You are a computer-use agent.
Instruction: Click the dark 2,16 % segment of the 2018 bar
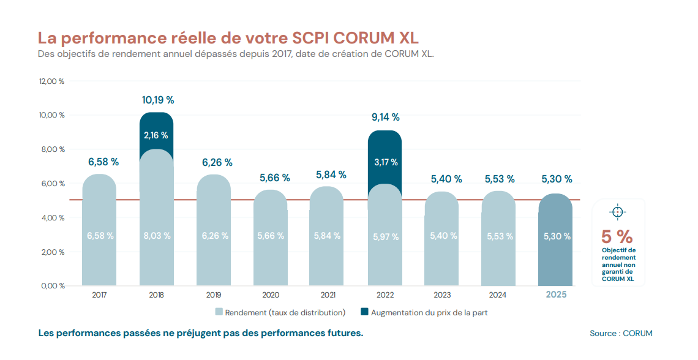(156, 135)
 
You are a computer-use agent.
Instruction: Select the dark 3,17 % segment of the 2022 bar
(385, 162)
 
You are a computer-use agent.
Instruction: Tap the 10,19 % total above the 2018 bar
(158, 100)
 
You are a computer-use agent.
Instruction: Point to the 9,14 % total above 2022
(385, 117)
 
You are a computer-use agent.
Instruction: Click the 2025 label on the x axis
(556, 294)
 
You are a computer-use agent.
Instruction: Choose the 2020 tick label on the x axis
(271, 294)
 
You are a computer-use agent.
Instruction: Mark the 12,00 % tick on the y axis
(52, 81)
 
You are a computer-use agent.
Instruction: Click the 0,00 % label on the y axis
(53, 286)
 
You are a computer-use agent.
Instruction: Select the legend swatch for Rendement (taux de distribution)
(219, 312)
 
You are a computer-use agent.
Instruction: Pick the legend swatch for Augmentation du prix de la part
(365, 312)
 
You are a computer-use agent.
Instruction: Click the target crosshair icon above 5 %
(617, 212)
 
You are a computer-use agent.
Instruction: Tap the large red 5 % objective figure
(617, 236)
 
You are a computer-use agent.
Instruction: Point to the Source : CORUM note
(621, 334)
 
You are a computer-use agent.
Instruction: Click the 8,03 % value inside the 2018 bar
(156, 236)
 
